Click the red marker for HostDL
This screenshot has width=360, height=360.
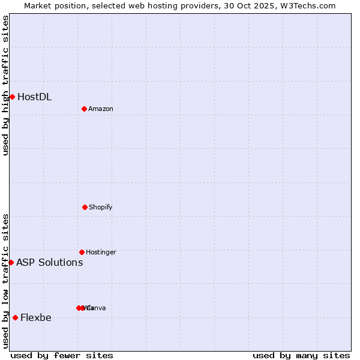tap(12, 97)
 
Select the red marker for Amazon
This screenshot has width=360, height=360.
tap(84, 109)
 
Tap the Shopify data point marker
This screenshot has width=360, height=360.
tap(85, 207)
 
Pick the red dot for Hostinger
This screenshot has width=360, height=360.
tap(82, 252)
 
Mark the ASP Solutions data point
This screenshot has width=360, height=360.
tap(11, 262)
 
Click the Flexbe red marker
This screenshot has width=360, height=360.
tap(15, 317)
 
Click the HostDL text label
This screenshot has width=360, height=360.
tap(34, 97)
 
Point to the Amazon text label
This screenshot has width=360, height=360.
tap(101, 109)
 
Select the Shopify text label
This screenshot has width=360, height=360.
tap(101, 207)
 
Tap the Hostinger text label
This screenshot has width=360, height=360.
tap(101, 252)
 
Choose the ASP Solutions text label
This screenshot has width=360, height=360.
tap(49, 262)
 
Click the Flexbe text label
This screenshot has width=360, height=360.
tap(36, 317)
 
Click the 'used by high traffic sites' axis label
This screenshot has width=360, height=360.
tap(5, 85)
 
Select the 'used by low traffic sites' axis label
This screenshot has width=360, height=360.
tap(5, 281)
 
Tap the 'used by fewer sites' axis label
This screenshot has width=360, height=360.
tap(62, 355)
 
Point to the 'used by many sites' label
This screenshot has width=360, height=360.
tap(301, 355)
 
